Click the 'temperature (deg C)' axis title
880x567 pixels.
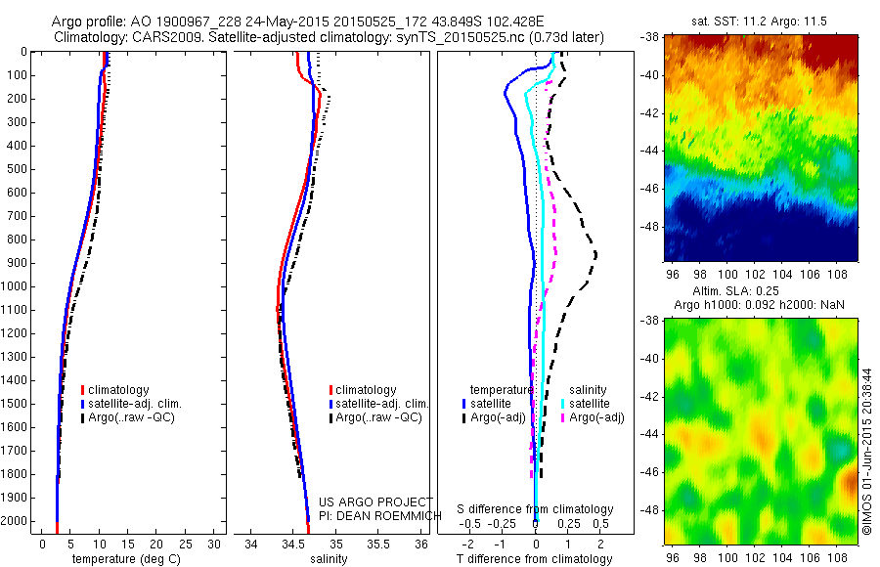pos(124,560)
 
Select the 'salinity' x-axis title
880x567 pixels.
pos(329,560)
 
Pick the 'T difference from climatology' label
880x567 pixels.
pos(534,560)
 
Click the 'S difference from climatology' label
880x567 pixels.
pos(536,510)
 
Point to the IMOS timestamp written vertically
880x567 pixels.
pos(866,452)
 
